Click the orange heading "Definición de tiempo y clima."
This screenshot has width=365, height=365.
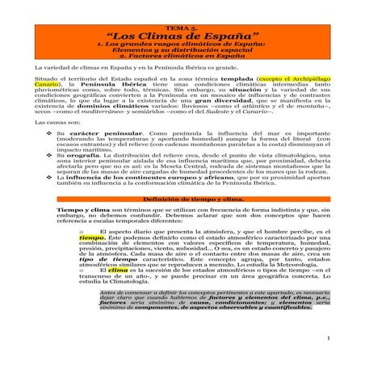pyautogui.click(x=182, y=220)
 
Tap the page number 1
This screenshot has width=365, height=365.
pyautogui.click(x=341, y=351)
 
